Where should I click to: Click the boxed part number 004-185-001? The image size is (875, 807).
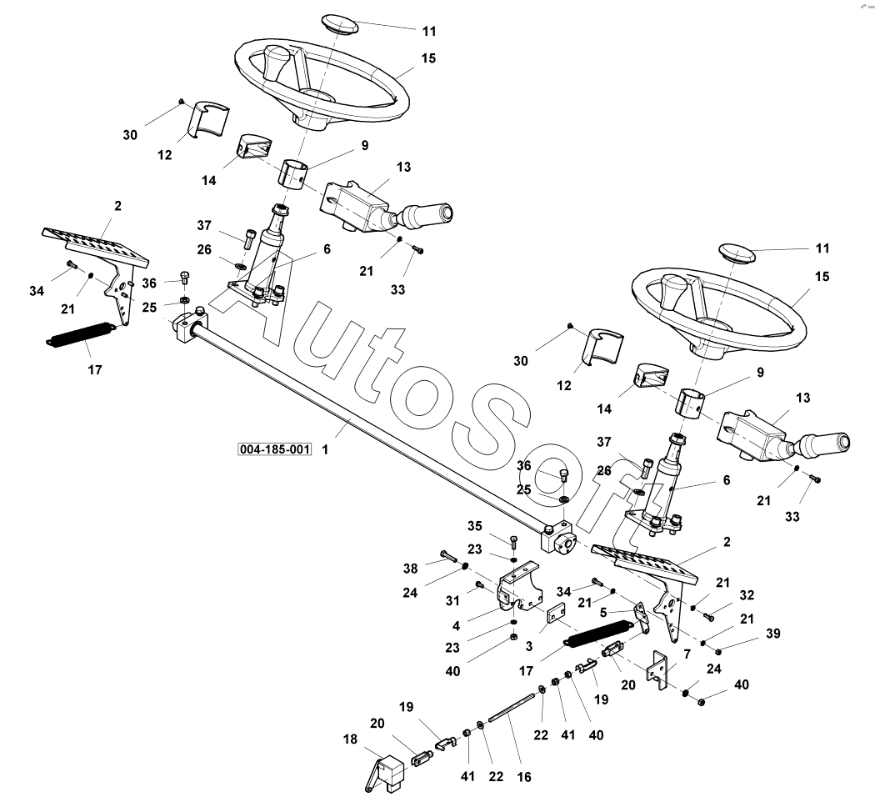[274, 449]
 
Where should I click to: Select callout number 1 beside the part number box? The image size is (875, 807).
[324, 449]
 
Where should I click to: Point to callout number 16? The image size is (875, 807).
[523, 776]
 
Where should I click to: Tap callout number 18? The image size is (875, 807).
[349, 739]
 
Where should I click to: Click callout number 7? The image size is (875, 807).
[687, 654]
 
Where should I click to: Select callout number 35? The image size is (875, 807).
[474, 525]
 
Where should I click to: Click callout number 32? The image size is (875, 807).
[747, 595]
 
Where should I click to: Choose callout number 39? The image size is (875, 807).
[773, 634]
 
